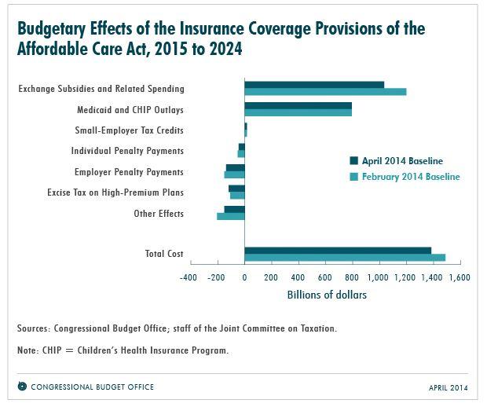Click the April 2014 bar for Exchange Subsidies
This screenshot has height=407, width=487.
click(314, 85)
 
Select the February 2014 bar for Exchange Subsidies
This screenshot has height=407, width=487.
click(325, 92)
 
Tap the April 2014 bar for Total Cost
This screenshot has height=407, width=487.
click(338, 251)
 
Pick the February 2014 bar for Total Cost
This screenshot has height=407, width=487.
click(345, 258)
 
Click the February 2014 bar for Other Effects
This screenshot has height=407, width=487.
click(230, 216)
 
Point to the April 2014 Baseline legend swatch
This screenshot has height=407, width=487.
click(354, 161)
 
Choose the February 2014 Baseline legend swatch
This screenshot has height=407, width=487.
click(354, 177)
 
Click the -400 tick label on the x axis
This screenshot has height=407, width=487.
click(189, 277)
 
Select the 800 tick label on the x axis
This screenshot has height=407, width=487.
click(351, 277)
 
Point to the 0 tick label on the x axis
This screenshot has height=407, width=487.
click(244, 277)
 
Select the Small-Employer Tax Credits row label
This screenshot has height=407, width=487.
click(129, 130)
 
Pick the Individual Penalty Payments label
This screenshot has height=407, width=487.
click(127, 151)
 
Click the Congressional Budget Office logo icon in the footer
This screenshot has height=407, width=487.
click(22, 387)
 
